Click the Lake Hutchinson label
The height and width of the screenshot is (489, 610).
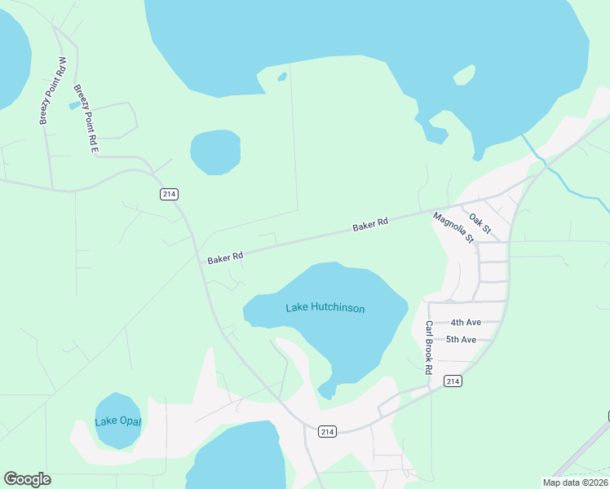(325, 308)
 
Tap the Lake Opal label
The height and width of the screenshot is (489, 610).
(118, 421)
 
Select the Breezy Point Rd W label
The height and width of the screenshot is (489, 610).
(52, 91)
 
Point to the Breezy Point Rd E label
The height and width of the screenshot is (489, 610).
(86, 119)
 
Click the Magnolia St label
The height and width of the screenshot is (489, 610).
(454, 228)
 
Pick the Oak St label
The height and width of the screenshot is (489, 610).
(480, 224)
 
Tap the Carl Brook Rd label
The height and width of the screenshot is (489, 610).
(428, 347)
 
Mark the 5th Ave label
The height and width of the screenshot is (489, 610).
(461, 339)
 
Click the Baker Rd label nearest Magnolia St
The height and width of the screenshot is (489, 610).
(369, 224)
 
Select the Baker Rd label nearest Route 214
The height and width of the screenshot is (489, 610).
(225, 258)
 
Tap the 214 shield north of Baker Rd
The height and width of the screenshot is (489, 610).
(169, 194)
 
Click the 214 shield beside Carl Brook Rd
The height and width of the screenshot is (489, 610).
(453, 381)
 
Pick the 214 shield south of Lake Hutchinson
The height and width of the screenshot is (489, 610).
(327, 431)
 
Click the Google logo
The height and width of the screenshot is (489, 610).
(27, 479)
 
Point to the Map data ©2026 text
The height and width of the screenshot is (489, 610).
(575, 482)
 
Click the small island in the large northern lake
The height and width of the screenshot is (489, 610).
(464, 75)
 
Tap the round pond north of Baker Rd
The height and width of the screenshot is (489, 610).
(215, 152)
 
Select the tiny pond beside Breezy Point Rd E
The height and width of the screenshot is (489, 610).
(75, 106)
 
